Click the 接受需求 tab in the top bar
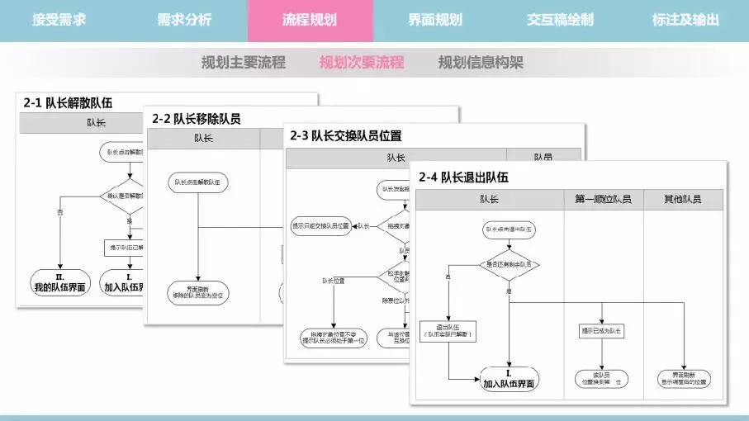59,20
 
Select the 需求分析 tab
184,20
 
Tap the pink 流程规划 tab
310,20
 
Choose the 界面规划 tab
435,20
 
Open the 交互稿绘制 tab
560,20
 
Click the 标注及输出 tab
685,20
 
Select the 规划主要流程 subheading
244,63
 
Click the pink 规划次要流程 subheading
362,63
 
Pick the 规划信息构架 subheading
481,63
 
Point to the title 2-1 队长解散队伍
68,103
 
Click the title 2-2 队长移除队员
197,119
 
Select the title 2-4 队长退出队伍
463,176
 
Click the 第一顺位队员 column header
603,200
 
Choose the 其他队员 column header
683,200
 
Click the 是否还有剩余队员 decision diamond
509,264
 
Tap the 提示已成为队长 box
603,331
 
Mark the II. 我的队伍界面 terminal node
60,282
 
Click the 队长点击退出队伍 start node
509,228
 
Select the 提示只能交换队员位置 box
320,225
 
